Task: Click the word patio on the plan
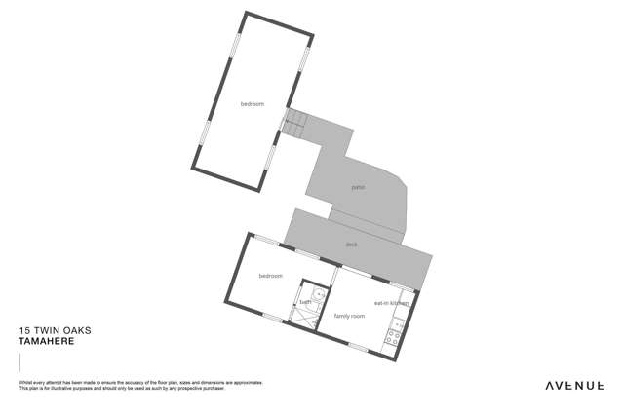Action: (358, 187)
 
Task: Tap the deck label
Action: (352, 245)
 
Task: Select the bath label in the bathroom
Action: (305, 302)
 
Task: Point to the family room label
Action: (349, 316)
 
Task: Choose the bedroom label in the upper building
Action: (253, 104)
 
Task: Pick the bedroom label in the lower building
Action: (270, 276)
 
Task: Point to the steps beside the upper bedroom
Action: (294, 123)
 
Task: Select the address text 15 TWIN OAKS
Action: (56, 331)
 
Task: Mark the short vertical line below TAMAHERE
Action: (19, 361)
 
